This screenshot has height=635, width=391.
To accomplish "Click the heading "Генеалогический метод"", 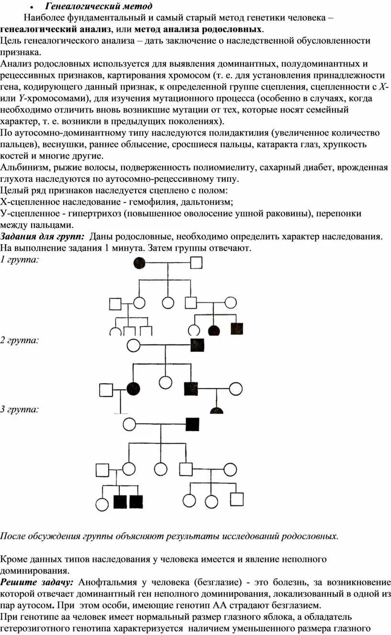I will pyautogui.click(x=99, y=6).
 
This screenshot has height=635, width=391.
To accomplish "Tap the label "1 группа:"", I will pyautogui.click(x=20, y=259).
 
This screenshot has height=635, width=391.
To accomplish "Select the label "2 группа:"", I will pyautogui.click(x=20, y=340).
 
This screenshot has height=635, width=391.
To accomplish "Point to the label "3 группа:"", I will pyautogui.click(x=20, y=409).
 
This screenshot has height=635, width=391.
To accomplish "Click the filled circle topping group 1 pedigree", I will pyautogui.click(x=139, y=262).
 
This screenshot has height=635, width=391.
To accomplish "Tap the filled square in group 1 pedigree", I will pyautogui.click(x=237, y=329).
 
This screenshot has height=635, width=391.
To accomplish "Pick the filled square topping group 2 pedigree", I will pyautogui.click(x=198, y=345).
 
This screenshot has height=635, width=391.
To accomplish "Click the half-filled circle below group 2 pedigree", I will pyautogui.click(x=217, y=410).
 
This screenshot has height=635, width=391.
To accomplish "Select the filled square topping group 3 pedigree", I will pyautogui.click(x=192, y=424).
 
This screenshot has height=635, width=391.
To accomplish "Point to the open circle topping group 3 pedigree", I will pyautogui.click(x=129, y=424).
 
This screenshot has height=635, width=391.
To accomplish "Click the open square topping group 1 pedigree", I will pyautogui.click(x=196, y=262).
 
